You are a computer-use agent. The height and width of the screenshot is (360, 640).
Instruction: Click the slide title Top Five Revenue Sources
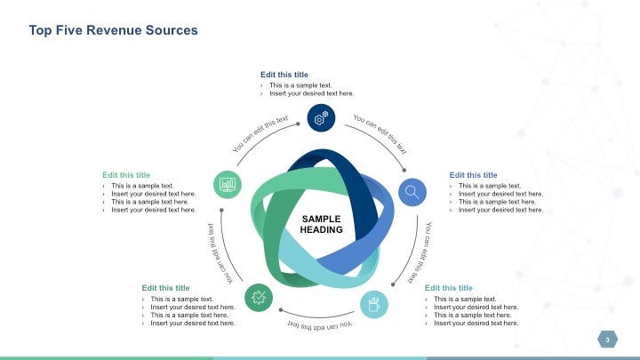[113, 30]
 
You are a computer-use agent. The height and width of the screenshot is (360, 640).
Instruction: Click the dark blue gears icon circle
[321, 116]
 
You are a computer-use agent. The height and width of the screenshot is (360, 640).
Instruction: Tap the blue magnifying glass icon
[412, 191]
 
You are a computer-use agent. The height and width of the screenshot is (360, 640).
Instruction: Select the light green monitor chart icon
[228, 184]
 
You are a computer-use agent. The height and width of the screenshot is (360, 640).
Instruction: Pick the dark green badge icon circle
[259, 298]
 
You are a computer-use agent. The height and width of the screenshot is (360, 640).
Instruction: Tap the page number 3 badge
[608, 340]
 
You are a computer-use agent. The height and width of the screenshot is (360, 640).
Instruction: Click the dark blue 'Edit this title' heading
[284, 75]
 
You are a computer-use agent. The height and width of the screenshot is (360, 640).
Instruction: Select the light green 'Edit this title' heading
[126, 175]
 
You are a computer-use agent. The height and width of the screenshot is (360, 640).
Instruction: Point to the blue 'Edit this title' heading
[473, 175]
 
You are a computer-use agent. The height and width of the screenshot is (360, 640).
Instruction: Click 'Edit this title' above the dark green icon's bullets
[165, 288]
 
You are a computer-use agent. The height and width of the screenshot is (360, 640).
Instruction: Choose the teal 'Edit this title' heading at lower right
[449, 288]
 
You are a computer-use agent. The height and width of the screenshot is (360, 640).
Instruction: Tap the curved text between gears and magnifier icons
[380, 133]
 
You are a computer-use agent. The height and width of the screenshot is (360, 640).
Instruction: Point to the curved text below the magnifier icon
[420, 253]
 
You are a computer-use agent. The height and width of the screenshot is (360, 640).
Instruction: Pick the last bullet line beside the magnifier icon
[500, 210]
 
